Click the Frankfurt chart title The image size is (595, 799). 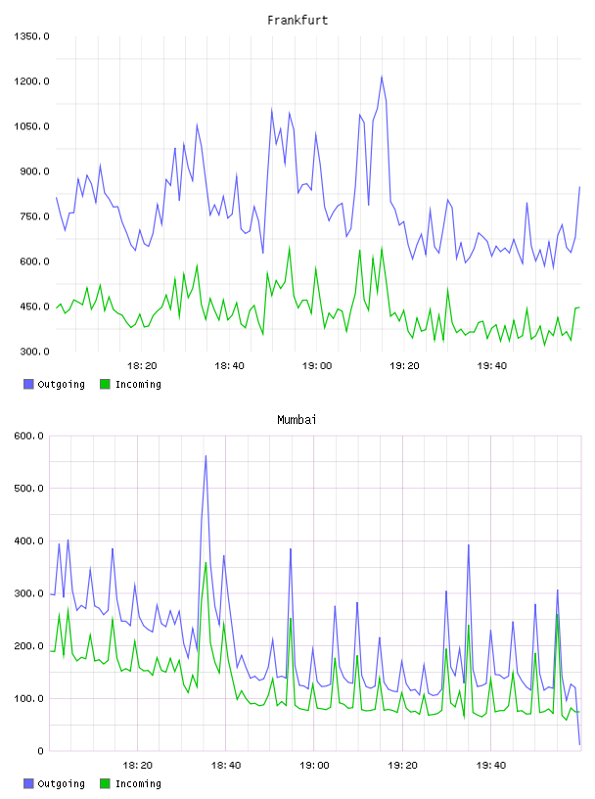(x=297, y=21)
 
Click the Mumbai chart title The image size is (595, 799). (x=297, y=420)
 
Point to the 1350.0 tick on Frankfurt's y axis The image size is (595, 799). (x=31, y=36)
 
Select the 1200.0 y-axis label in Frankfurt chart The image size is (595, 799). (x=31, y=81)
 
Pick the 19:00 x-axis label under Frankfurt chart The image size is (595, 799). (x=317, y=366)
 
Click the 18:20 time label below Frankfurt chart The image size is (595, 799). (x=142, y=366)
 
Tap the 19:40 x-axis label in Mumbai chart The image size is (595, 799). (x=491, y=766)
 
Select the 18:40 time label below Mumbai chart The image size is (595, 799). (x=226, y=766)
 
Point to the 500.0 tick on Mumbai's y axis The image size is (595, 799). (x=29, y=489)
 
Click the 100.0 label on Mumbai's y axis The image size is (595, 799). (x=29, y=698)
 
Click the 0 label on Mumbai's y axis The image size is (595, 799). (x=41, y=751)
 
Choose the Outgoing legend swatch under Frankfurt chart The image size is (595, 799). (x=28, y=384)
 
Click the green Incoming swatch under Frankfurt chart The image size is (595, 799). (x=105, y=384)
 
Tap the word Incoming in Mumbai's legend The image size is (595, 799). (x=138, y=784)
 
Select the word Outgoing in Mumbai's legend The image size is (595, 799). (x=61, y=784)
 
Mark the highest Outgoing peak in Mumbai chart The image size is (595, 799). (x=206, y=455)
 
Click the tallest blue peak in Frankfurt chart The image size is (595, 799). (x=382, y=77)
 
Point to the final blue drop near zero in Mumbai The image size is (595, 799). (x=579, y=744)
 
